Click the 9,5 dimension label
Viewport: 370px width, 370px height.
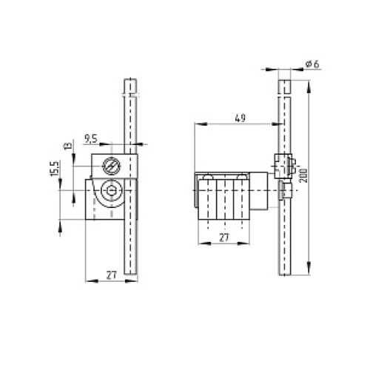pos(91,138)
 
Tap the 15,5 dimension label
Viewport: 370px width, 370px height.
pos(55,169)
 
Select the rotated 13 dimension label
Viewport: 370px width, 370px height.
pos(68,146)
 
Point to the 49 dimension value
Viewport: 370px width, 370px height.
pos(240,118)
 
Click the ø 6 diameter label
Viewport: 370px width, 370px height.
pos(312,64)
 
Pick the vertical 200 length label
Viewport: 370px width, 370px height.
pos(303,175)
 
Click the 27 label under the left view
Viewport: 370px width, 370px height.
pos(111,275)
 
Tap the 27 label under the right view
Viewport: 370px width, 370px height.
pos(224,238)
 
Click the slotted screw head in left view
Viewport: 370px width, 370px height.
pos(112,166)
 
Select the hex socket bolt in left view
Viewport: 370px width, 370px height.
pos(112,190)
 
